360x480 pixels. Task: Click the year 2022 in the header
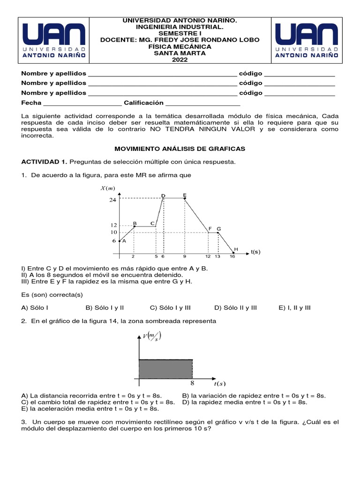coord(180,60)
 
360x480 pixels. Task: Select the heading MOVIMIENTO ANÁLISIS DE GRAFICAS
coord(180,148)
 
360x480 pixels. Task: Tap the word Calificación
coord(143,103)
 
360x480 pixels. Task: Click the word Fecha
coord(31,103)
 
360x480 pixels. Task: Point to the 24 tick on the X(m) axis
coord(112,200)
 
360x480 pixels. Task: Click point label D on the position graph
coord(163,195)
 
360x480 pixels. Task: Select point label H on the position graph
coord(236,249)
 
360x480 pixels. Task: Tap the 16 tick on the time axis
coord(232,257)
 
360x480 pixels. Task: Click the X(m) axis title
coord(107,188)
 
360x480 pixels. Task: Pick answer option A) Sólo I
coord(35,307)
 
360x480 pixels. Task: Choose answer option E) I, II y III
coord(294,307)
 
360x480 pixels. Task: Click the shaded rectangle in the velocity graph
coord(165,368)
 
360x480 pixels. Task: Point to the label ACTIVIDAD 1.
coord(44,162)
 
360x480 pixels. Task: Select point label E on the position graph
coord(185,195)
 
